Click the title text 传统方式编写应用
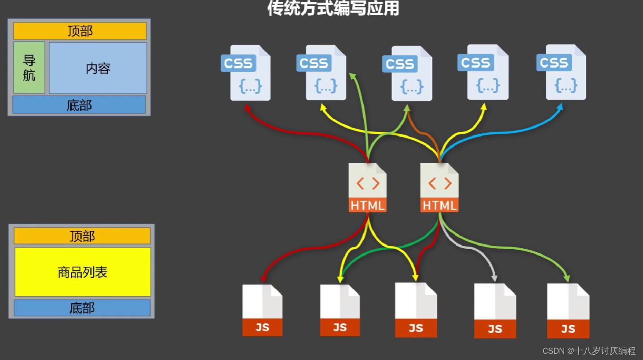pos(333,8)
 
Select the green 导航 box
pos(29,68)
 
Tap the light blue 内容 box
pos(98,68)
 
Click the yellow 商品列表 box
pos(83,272)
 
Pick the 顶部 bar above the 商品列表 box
pos(82,236)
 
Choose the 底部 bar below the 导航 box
pos(79,105)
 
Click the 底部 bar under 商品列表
pos(82,308)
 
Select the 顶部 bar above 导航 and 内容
pos(80,31)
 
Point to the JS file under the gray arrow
pos(495,311)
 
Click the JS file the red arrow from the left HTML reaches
pos(262,310)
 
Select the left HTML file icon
pos(367,188)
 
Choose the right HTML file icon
pos(439,188)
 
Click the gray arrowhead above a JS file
pos(494,278)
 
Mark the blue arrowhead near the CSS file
pos(559,107)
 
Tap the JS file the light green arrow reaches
pos(568,311)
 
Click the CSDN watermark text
pos(589,351)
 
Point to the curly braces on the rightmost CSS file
pos(566,85)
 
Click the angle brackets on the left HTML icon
pos(368,183)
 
